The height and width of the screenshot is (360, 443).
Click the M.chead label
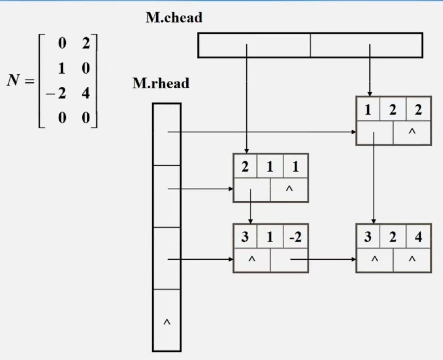click(174, 18)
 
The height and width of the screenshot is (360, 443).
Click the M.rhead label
click(161, 83)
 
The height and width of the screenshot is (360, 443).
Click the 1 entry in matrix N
click(61, 69)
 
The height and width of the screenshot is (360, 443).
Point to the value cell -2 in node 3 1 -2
click(295, 237)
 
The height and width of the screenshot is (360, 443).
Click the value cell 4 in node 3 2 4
click(418, 237)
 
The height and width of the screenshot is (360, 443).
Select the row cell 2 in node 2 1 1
click(245, 167)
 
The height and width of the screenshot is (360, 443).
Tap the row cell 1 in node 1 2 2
click(368, 110)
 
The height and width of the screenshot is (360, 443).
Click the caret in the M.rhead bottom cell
click(167, 322)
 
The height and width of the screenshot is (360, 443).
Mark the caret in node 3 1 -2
click(252, 259)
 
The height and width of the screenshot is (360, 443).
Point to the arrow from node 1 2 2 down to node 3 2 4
click(374, 178)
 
